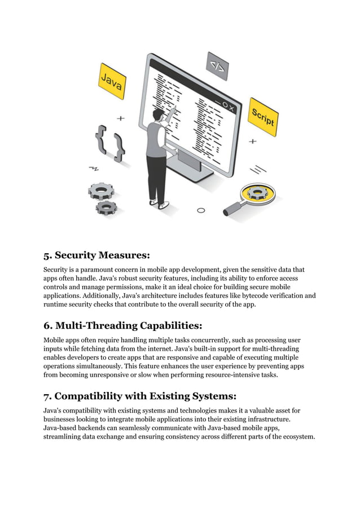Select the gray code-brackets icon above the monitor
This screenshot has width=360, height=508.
coord(217,67)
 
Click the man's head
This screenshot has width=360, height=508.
coord(159,115)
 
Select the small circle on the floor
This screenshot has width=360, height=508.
coord(200,211)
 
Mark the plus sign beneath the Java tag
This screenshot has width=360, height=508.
coord(120,119)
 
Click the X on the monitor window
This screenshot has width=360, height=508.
coord(231,107)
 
